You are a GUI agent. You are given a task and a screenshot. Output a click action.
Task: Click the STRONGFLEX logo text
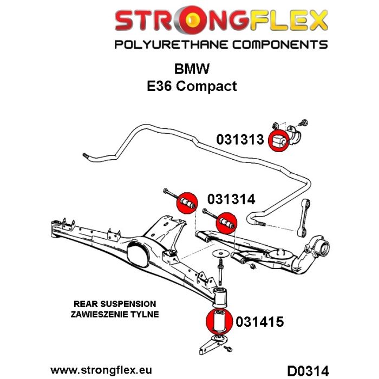(221, 22)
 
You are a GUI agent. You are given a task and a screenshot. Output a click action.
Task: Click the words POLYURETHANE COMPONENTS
(221, 44)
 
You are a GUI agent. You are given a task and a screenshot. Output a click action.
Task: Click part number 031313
(240, 140)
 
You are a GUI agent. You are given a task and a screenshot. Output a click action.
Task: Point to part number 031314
(231, 199)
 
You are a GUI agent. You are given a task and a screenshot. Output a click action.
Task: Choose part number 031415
(260, 322)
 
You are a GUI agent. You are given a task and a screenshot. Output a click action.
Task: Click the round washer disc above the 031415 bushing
(220, 254)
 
